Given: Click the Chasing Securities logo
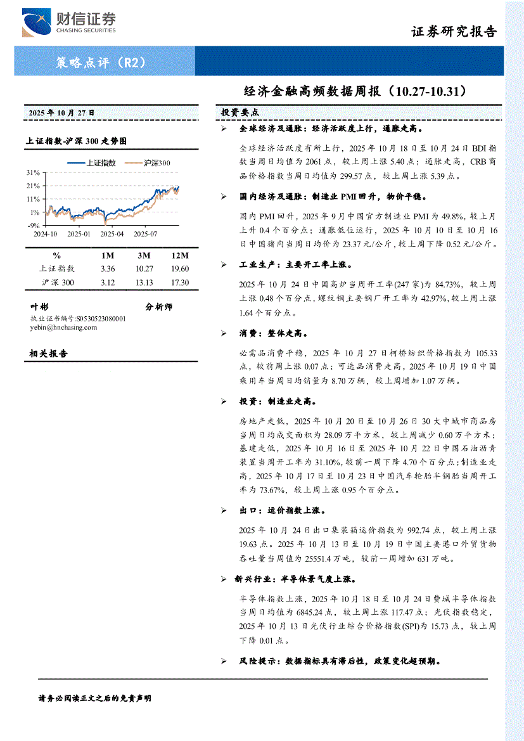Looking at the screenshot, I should [x=69, y=23].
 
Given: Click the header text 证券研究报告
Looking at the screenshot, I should [x=454, y=32].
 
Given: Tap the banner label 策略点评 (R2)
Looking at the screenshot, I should [x=101, y=63].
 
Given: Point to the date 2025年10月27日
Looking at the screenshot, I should [x=61, y=112].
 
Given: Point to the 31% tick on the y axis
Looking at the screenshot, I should [x=33, y=172].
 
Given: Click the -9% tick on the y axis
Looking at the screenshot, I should [x=33, y=225].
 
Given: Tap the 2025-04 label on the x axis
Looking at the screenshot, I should [x=113, y=233].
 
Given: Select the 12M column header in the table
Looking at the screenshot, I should [x=180, y=255].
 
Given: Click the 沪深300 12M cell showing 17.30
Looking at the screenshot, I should [x=180, y=282].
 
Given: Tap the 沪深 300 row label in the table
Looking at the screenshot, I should [x=58, y=282].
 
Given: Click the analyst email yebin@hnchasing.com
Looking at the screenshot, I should [x=63, y=327].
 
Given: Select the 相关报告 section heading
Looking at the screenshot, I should [x=49, y=354].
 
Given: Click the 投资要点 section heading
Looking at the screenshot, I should [x=240, y=112].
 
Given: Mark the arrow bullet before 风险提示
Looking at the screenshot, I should [x=223, y=660].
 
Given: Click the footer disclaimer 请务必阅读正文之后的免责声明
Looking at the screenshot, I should [x=95, y=698].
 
